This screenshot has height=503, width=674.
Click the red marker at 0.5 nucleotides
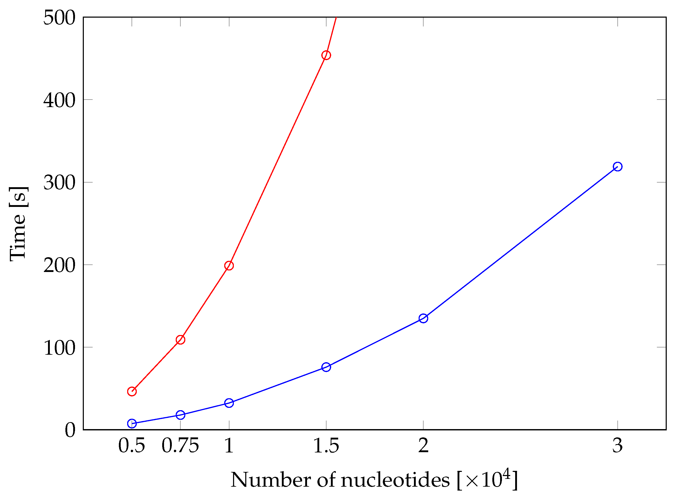pyautogui.click(x=132, y=391)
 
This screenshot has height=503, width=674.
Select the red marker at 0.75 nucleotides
pyautogui.click(x=180, y=339)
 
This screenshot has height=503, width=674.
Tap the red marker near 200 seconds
pyautogui.click(x=229, y=266)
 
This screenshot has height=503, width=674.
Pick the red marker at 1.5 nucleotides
pyautogui.click(x=326, y=55)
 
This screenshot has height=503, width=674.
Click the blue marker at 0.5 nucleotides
pyautogui.click(x=132, y=423)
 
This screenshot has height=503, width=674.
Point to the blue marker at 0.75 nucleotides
pyautogui.click(x=180, y=415)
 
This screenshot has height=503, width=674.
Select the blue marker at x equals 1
pyautogui.click(x=229, y=403)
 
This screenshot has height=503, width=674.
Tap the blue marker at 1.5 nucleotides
pyautogui.click(x=326, y=367)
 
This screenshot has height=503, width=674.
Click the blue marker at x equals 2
pyautogui.click(x=423, y=318)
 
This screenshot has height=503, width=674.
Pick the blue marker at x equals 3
pyautogui.click(x=617, y=166)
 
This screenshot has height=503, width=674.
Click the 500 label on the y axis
pyautogui.click(x=59, y=18)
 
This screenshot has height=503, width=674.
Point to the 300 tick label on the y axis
pyautogui.click(x=59, y=183)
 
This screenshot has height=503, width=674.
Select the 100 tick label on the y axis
pyautogui.click(x=59, y=348)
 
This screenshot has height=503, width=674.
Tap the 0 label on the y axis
pyautogui.click(x=70, y=430)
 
